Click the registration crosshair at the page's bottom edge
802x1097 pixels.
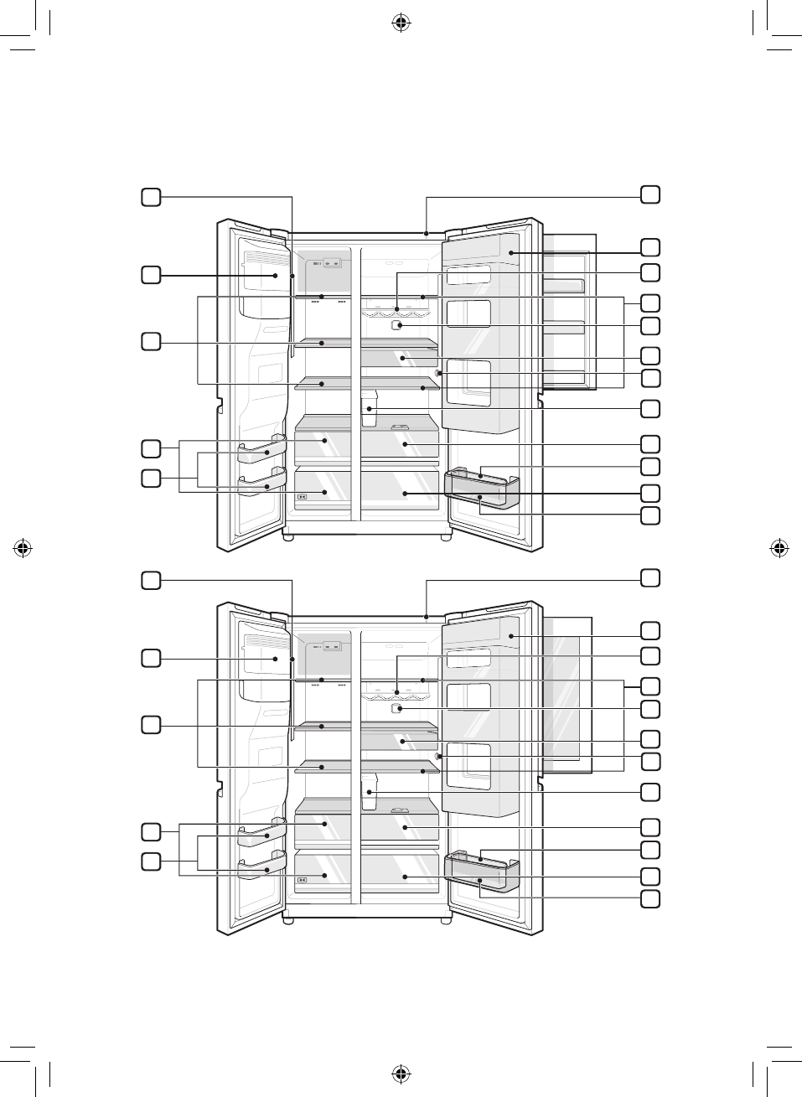401,1074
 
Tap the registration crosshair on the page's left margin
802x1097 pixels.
23,549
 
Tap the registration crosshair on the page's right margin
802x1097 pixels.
779,549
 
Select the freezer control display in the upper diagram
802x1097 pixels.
325,263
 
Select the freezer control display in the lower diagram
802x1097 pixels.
325,646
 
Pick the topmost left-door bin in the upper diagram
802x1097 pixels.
260,452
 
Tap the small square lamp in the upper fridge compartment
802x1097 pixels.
398,325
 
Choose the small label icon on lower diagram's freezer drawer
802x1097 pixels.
302,879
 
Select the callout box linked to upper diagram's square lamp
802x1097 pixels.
650,326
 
